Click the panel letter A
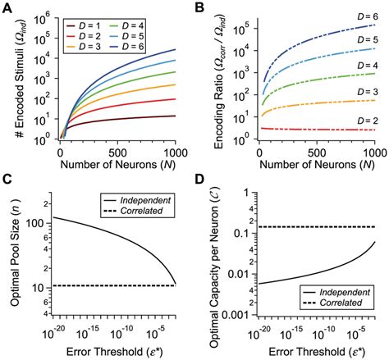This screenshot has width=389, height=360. tap(7, 7)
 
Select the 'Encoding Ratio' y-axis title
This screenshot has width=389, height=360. tap(211, 77)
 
